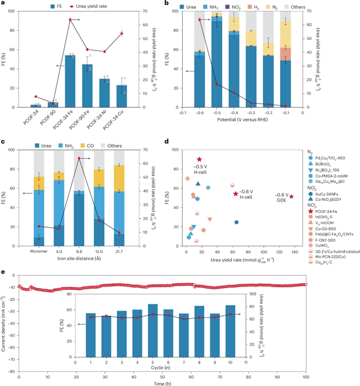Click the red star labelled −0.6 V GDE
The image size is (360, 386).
click(x=291, y=197)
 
